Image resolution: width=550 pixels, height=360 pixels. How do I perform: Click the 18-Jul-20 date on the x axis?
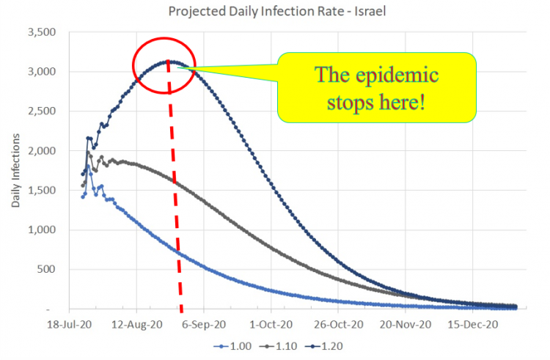[x=68, y=322]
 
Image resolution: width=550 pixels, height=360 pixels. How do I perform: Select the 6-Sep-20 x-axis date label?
[x=202, y=322]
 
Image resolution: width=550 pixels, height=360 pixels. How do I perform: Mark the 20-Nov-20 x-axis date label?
[x=404, y=322]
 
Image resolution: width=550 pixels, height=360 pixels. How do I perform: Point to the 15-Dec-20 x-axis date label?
[x=471, y=322]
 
